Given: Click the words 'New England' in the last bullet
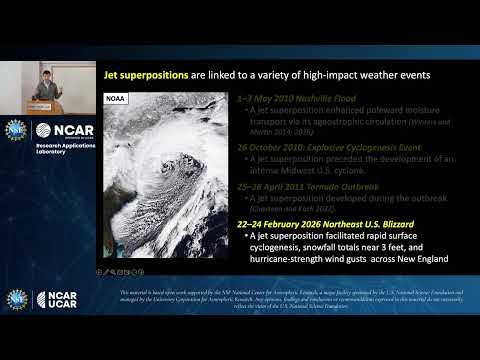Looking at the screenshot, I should (x=419, y=259).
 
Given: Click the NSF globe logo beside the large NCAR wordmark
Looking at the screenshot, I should (x=17, y=129).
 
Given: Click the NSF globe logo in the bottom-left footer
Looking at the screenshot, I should (x=17, y=298).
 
